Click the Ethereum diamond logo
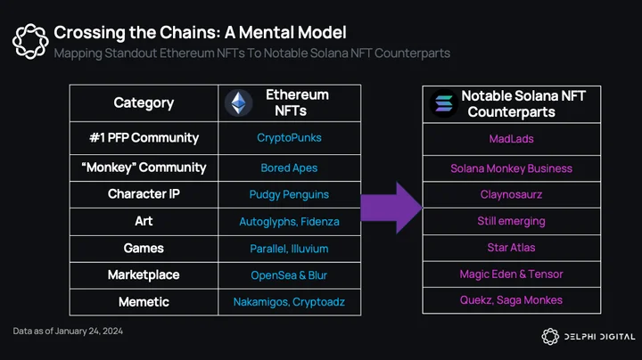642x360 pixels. point(239,102)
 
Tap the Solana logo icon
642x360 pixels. point(444,103)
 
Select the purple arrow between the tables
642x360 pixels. point(391,208)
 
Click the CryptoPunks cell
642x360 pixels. point(289,138)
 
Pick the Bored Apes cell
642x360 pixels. point(289,168)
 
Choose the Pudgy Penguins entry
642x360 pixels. point(289,195)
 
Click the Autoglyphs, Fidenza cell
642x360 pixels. point(289,222)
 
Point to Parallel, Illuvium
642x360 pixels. point(289,249)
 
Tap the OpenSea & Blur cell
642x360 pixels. point(289,275)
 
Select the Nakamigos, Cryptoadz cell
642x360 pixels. point(289,302)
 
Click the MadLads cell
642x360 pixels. point(512,139)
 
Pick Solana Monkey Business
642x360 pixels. point(512,168)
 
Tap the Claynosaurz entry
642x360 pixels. point(512,194)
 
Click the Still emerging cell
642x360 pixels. point(512,221)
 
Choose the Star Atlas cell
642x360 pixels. point(512,248)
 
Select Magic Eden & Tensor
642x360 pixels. point(512,274)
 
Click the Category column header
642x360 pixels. point(144,103)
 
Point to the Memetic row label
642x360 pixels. point(144,302)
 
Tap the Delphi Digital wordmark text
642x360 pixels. point(600,337)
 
